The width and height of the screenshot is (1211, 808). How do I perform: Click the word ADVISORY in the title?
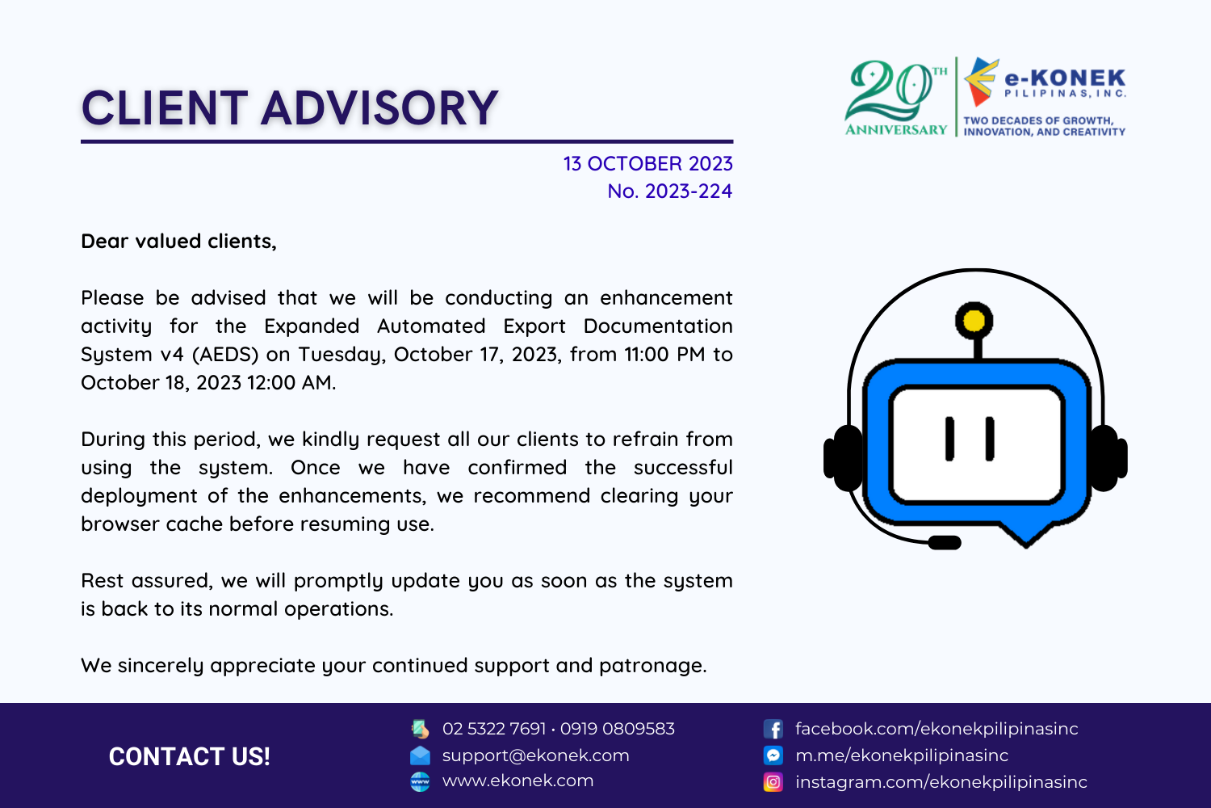379,108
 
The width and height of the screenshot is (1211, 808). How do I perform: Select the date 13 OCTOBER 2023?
647,164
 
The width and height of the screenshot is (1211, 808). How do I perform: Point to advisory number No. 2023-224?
669,191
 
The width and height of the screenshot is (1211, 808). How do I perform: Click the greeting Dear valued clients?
178,242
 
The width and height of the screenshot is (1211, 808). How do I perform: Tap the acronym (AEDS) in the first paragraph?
225,355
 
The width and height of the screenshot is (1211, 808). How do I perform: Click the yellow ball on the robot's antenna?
974,321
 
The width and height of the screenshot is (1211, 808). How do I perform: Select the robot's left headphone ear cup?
844,458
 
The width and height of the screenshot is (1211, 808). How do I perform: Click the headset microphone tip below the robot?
945,542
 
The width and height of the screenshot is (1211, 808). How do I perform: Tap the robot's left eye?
949,439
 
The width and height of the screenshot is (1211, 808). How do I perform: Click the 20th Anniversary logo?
896,98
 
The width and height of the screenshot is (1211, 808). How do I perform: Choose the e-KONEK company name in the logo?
1065,78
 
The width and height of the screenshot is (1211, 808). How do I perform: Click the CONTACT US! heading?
189,756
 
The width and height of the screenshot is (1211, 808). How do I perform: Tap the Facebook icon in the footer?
773,729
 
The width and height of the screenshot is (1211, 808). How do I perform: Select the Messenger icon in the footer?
773,755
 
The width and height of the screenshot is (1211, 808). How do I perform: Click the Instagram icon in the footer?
773,782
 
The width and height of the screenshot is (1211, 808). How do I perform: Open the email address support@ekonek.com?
536,755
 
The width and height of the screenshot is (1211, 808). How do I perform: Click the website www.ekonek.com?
518,781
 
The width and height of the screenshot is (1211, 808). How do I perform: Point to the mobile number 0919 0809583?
618,729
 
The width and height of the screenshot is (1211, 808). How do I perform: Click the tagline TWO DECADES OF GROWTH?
1038,120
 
